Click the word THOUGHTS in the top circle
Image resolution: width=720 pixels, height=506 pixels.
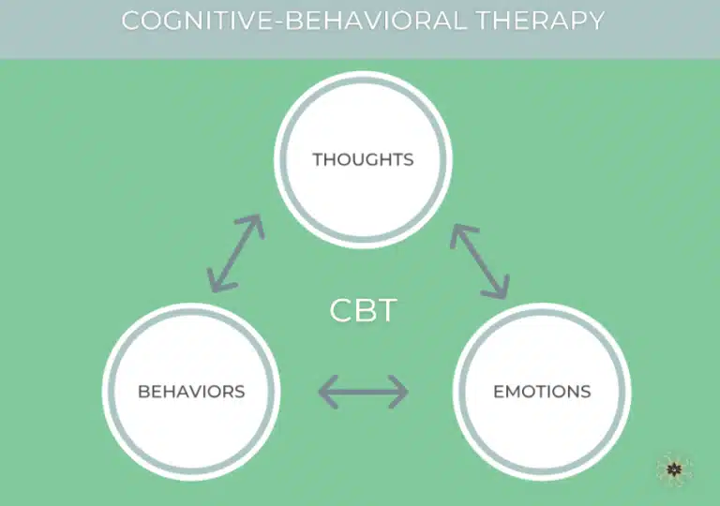(x=363, y=160)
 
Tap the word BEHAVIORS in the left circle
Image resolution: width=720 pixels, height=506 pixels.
(x=191, y=392)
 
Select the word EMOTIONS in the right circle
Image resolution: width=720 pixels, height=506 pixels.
(x=542, y=392)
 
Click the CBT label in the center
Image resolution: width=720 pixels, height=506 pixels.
(x=363, y=311)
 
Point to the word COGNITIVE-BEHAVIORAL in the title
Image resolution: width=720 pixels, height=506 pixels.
(x=293, y=21)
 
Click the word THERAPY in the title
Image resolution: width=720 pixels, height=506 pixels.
(x=540, y=21)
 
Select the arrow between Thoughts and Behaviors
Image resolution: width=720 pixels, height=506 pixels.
(x=235, y=253)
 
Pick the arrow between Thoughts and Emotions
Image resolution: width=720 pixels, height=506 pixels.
(x=480, y=261)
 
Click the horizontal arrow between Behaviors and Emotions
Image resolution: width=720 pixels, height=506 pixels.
(x=363, y=392)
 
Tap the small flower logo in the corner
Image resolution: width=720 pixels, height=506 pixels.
(x=674, y=469)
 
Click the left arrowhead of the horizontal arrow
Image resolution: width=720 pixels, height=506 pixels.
(x=328, y=392)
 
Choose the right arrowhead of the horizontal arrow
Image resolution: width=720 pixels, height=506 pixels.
(x=398, y=392)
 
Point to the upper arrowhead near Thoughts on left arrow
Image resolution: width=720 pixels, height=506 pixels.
(x=253, y=225)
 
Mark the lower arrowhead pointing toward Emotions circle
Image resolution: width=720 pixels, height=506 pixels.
(x=498, y=288)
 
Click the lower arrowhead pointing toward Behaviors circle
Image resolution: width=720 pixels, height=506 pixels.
(x=218, y=281)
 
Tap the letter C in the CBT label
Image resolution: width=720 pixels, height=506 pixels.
(x=340, y=311)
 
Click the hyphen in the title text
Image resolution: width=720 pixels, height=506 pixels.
(x=278, y=22)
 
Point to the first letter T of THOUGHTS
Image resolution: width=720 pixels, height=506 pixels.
(x=319, y=160)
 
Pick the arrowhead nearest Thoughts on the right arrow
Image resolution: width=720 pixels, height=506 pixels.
(x=461, y=234)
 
